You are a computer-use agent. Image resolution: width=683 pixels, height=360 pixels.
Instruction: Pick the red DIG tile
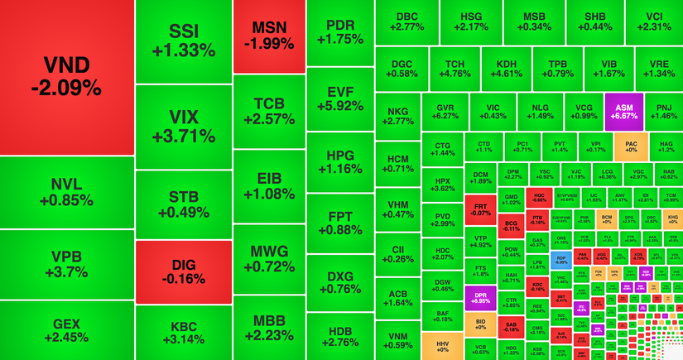(183, 271)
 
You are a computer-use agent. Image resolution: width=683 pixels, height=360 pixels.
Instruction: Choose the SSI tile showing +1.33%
(183, 41)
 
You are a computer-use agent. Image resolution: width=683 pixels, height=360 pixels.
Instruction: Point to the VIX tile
(183, 126)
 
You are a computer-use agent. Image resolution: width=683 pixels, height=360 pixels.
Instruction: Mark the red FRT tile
(479, 208)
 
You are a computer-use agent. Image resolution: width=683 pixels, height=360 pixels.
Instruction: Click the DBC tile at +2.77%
(406, 22)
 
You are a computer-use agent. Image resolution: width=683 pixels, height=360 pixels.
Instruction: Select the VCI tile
(654, 22)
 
